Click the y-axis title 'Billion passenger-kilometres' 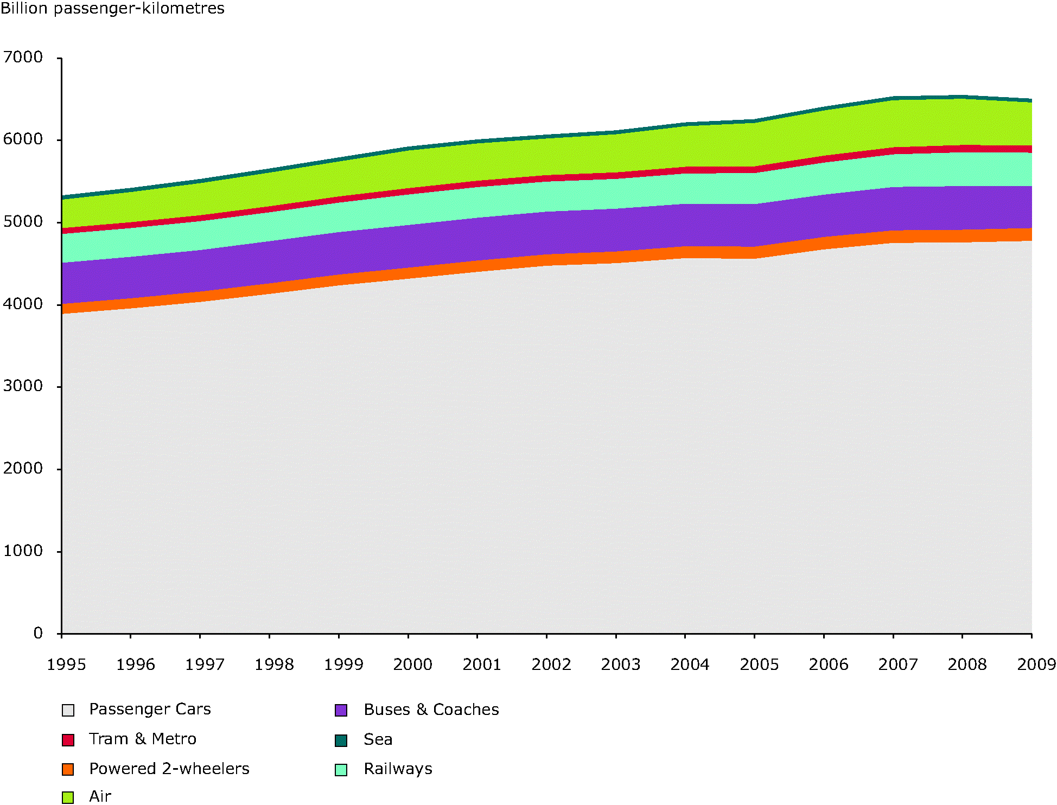coord(112,9)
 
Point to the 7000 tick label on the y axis coord(23,57)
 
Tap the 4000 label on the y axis coord(23,304)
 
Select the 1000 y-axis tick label coord(23,551)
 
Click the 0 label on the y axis coord(37,633)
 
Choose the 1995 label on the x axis coord(66,665)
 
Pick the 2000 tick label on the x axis coord(412,665)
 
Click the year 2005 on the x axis coord(759,665)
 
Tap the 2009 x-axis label coord(1036,665)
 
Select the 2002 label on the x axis coord(551,665)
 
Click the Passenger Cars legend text coord(150,709)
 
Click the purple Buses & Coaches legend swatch coord(341,710)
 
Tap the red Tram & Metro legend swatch coord(68,740)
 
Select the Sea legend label coord(378,739)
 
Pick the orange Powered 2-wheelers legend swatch coord(68,769)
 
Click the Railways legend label coord(398,769)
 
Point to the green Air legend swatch coord(68,797)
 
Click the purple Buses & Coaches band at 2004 coord(686,225)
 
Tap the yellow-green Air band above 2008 coord(963,122)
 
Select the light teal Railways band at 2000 coord(408,208)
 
